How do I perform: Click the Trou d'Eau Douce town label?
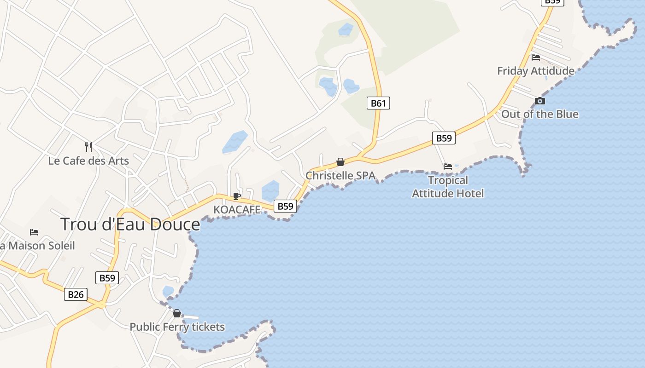pos(130,224)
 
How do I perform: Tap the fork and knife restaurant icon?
pos(88,147)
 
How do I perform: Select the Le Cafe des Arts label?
pos(88,161)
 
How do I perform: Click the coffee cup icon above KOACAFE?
pos(237,196)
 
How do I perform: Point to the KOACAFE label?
pos(237,210)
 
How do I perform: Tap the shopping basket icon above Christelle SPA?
pos(340,162)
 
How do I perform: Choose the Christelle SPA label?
pos(340,176)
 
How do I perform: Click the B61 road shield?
pos(378,103)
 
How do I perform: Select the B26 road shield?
pos(76,294)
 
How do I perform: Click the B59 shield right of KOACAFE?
pos(285,206)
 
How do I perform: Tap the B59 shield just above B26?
pos(107,278)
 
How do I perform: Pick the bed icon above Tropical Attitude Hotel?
pos(448,167)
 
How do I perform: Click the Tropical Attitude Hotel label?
pos(448,187)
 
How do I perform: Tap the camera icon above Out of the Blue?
pos(540,101)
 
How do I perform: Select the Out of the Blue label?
pos(539,114)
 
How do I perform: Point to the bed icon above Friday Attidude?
pos(536,57)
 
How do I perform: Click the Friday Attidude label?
pos(536,71)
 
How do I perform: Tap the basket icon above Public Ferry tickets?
pos(177,314)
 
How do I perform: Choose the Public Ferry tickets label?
pos(177,327)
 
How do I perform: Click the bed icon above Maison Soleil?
pos(34,232)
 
